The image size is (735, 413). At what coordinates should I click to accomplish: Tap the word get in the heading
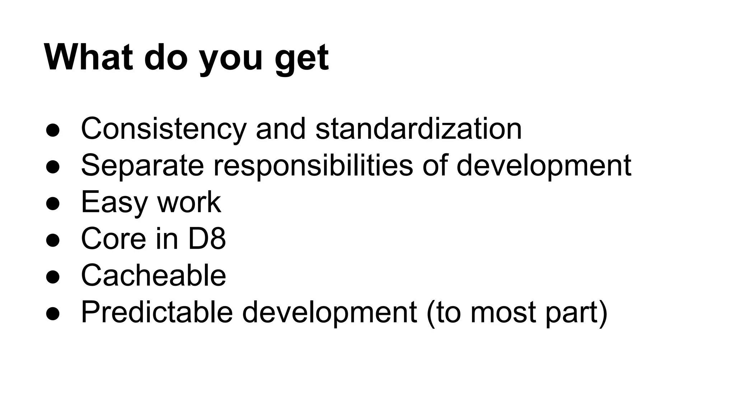[x=301, y=59]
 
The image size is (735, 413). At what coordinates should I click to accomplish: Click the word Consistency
[x=164, y=129]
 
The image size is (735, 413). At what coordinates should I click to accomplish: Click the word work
[x=189, y=202]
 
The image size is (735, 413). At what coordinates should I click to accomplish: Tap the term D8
[x=207, y=239]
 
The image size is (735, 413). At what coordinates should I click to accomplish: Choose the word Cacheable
[x=154, y=275]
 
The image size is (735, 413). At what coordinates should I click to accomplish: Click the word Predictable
[x=157, y=312]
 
